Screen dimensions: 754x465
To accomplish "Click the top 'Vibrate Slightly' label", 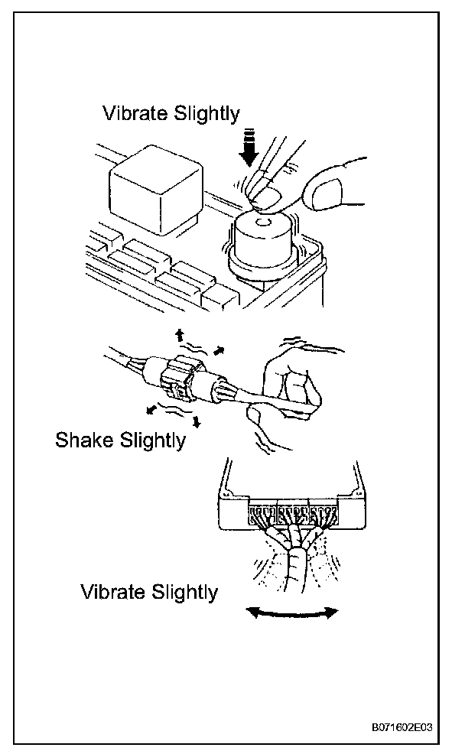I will click(171, 113).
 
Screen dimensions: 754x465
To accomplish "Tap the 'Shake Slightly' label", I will click(120, 441).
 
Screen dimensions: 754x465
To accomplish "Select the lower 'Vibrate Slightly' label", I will click(149, 592).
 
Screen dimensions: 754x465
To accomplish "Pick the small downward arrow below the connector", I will click(197, 421).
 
